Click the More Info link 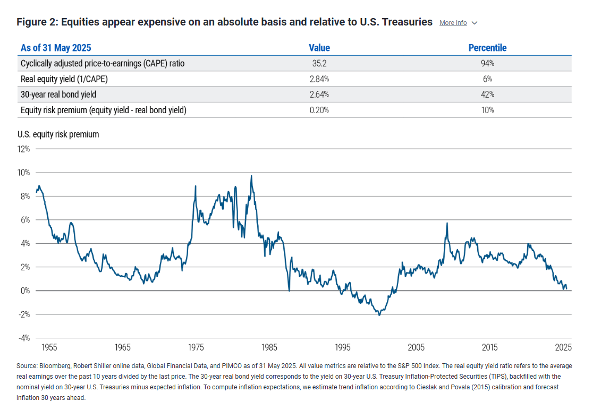click(453, 23)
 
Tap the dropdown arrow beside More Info click(475, 23)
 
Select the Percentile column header click(487, 48)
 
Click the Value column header click(319, 48)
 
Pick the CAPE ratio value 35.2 click(319, 63)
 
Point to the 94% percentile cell click(487, 63)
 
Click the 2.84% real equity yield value click(319, 79)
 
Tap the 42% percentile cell click(487, 95)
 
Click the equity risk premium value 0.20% click(319, 110)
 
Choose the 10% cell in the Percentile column click(487, 110)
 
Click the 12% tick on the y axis click(25, 149)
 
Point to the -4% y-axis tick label click(25, 338)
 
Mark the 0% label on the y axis click(26, 291)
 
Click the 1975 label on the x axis click(196, 347)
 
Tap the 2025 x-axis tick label click(563, 347)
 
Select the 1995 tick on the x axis click(343, 347)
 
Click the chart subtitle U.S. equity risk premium click(58, 134)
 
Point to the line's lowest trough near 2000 click(379, 315)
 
